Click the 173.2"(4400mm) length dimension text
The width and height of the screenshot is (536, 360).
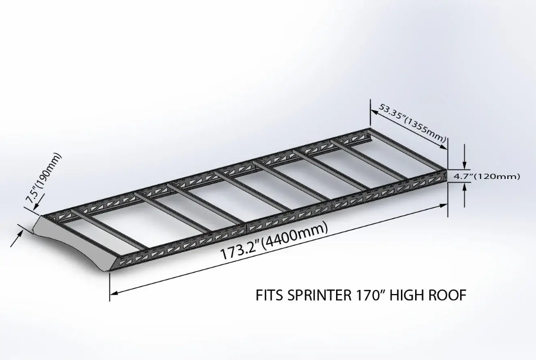coord(274,241)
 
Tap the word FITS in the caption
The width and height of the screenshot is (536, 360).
coord(269,296)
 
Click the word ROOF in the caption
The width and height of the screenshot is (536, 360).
coord(448,296)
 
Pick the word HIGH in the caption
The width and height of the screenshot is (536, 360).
coord(412,296)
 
